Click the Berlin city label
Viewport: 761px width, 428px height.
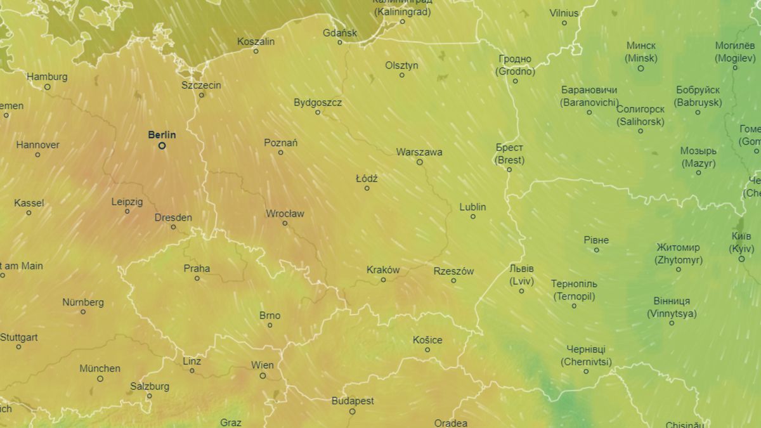(x=162, y=134)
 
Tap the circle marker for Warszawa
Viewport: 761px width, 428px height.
(x=419, y=162)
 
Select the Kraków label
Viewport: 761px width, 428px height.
(x=383, y=269)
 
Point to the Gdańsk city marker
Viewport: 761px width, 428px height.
(x=340, y=42)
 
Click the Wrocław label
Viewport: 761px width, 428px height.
(x=285, y=213)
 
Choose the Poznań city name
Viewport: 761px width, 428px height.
(x=280, y=143)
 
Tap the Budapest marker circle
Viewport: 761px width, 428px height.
(x=353, y=412)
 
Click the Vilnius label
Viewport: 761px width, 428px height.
(x=564, y=13)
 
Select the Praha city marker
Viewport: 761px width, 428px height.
(x=197, y=278)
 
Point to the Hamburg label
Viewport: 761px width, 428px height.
(x=47, y=77)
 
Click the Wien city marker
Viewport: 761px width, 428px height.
(x=263, y=375)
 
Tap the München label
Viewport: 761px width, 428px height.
(x=100, y=368)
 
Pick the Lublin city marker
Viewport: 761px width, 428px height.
(x=472, y=217)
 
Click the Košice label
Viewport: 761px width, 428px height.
(x=427, y=340)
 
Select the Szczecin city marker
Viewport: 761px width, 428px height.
(x=202, y=95)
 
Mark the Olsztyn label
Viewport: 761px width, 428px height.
(x=401, y=65)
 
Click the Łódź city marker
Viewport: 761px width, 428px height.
(x=367, y=188)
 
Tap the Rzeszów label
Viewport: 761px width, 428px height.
(x=453, y=271)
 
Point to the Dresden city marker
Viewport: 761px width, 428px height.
(x=173, y=227)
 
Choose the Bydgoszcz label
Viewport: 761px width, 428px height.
(x=318, y=102)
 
